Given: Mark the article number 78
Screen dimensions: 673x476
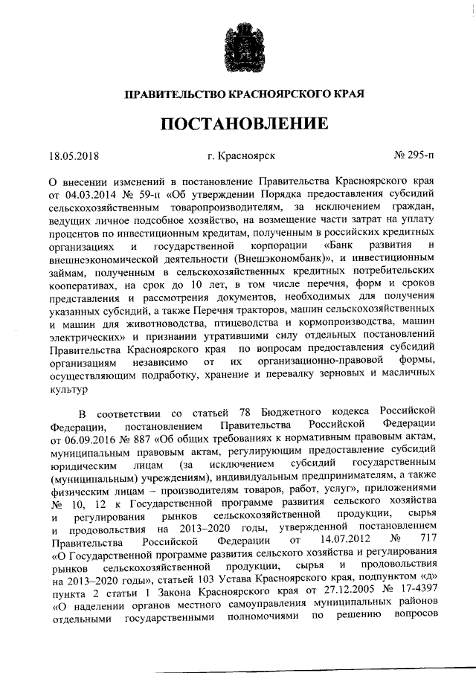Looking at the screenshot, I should click(244, 413).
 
